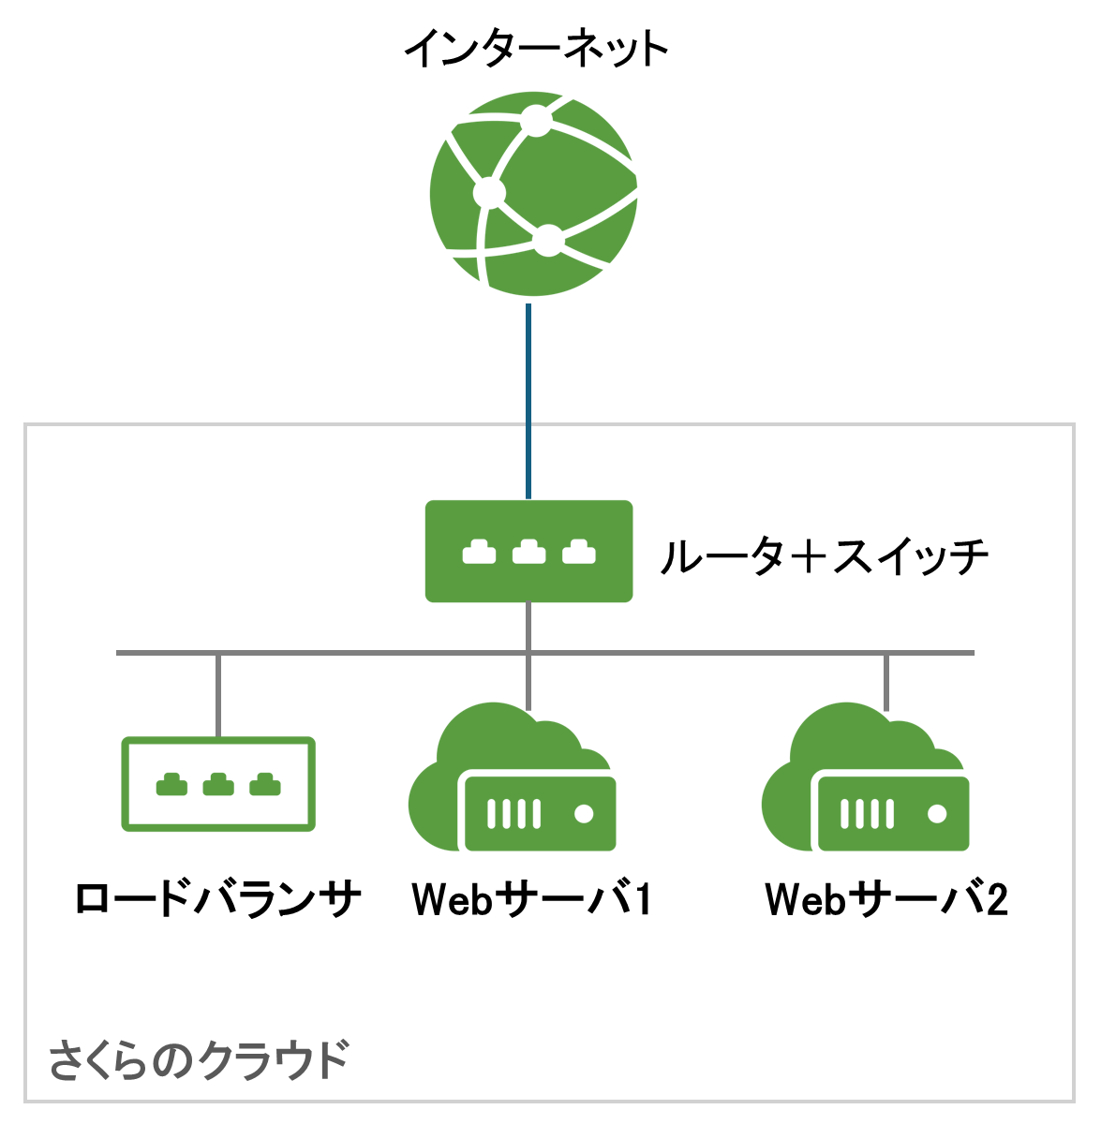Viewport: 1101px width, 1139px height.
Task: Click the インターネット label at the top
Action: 536,49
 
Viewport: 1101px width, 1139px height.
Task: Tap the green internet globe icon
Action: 533,194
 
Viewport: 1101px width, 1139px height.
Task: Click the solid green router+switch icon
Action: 529,552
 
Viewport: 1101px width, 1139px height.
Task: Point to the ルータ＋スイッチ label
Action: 825,557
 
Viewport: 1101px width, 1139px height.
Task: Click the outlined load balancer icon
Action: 218,784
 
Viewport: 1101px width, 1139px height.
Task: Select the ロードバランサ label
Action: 218,900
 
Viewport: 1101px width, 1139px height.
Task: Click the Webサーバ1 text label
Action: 531,900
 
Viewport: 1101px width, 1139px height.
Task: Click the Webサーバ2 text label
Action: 886,900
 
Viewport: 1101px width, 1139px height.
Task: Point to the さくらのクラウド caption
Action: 199,1060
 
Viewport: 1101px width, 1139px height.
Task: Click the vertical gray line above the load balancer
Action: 218,695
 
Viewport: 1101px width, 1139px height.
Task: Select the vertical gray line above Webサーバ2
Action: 886,682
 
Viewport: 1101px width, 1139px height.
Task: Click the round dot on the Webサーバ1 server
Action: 584,814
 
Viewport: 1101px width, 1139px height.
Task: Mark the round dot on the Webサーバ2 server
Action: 937,814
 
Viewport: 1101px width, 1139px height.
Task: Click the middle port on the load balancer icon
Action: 218,784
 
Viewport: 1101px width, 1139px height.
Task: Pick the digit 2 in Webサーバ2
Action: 996,900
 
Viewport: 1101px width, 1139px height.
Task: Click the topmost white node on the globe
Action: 536,120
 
